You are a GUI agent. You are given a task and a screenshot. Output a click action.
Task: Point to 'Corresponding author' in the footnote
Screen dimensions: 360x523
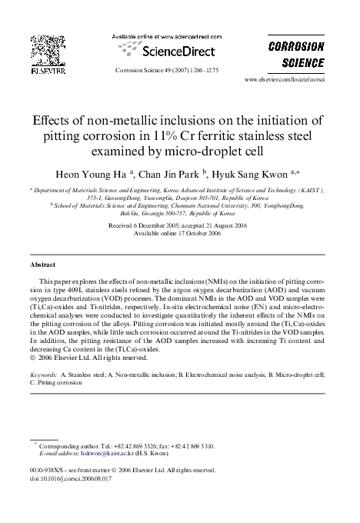tap(68, 445)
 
